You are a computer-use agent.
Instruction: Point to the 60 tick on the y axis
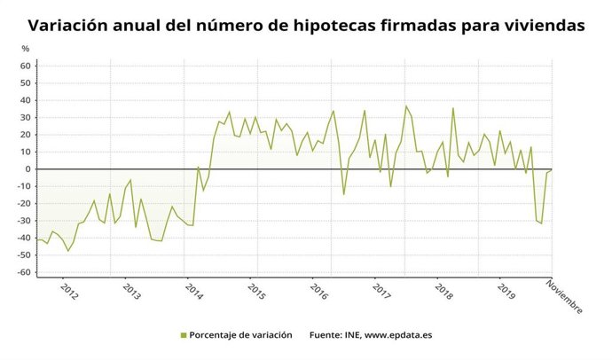(x=26, y=66)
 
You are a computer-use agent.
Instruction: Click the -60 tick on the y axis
(x=24, y=272)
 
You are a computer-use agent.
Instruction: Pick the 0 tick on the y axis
(x=28, y=168)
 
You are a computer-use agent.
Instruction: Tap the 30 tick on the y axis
(x=26, y=117)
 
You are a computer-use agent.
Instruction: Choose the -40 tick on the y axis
(x=24, y=238)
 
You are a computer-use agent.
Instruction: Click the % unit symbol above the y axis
(x=25, y=48)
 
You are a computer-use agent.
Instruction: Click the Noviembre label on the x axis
(x=564, y=297)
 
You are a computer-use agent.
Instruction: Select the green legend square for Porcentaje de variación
(x=183, y=335)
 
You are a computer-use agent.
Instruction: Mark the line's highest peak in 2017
(x=406, y=106)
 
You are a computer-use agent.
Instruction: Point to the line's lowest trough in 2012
(x=67, y=251)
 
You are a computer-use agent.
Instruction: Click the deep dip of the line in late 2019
(x=541, y=223)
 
